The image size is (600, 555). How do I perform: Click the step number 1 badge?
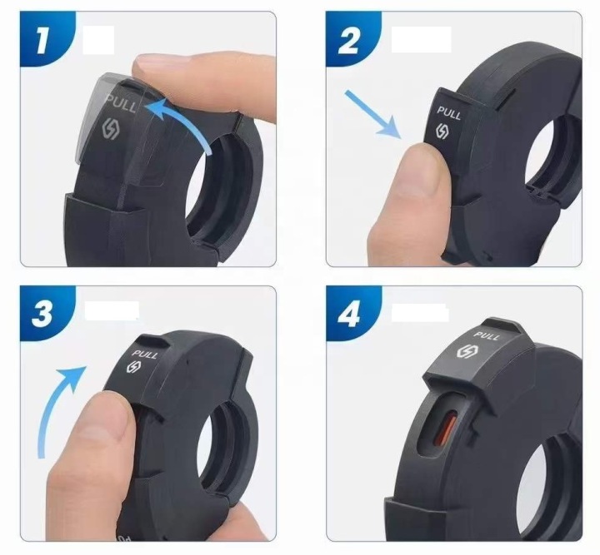(42, 38)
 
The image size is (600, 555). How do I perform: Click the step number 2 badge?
(348, 39)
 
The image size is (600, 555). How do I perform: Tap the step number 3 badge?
(42, 313)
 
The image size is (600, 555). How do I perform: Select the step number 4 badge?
(348, 314)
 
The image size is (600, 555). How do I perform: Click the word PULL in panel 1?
(121, 103)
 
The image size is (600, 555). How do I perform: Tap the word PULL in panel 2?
(449, 113)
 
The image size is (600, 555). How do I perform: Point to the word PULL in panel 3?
(144, 354)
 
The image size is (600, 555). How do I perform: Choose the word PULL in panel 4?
(487, 336)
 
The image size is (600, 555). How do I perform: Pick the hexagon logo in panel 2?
(442, 131)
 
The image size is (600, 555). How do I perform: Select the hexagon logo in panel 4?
(466, 351)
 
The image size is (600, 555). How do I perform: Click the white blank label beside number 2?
(421, 39)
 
